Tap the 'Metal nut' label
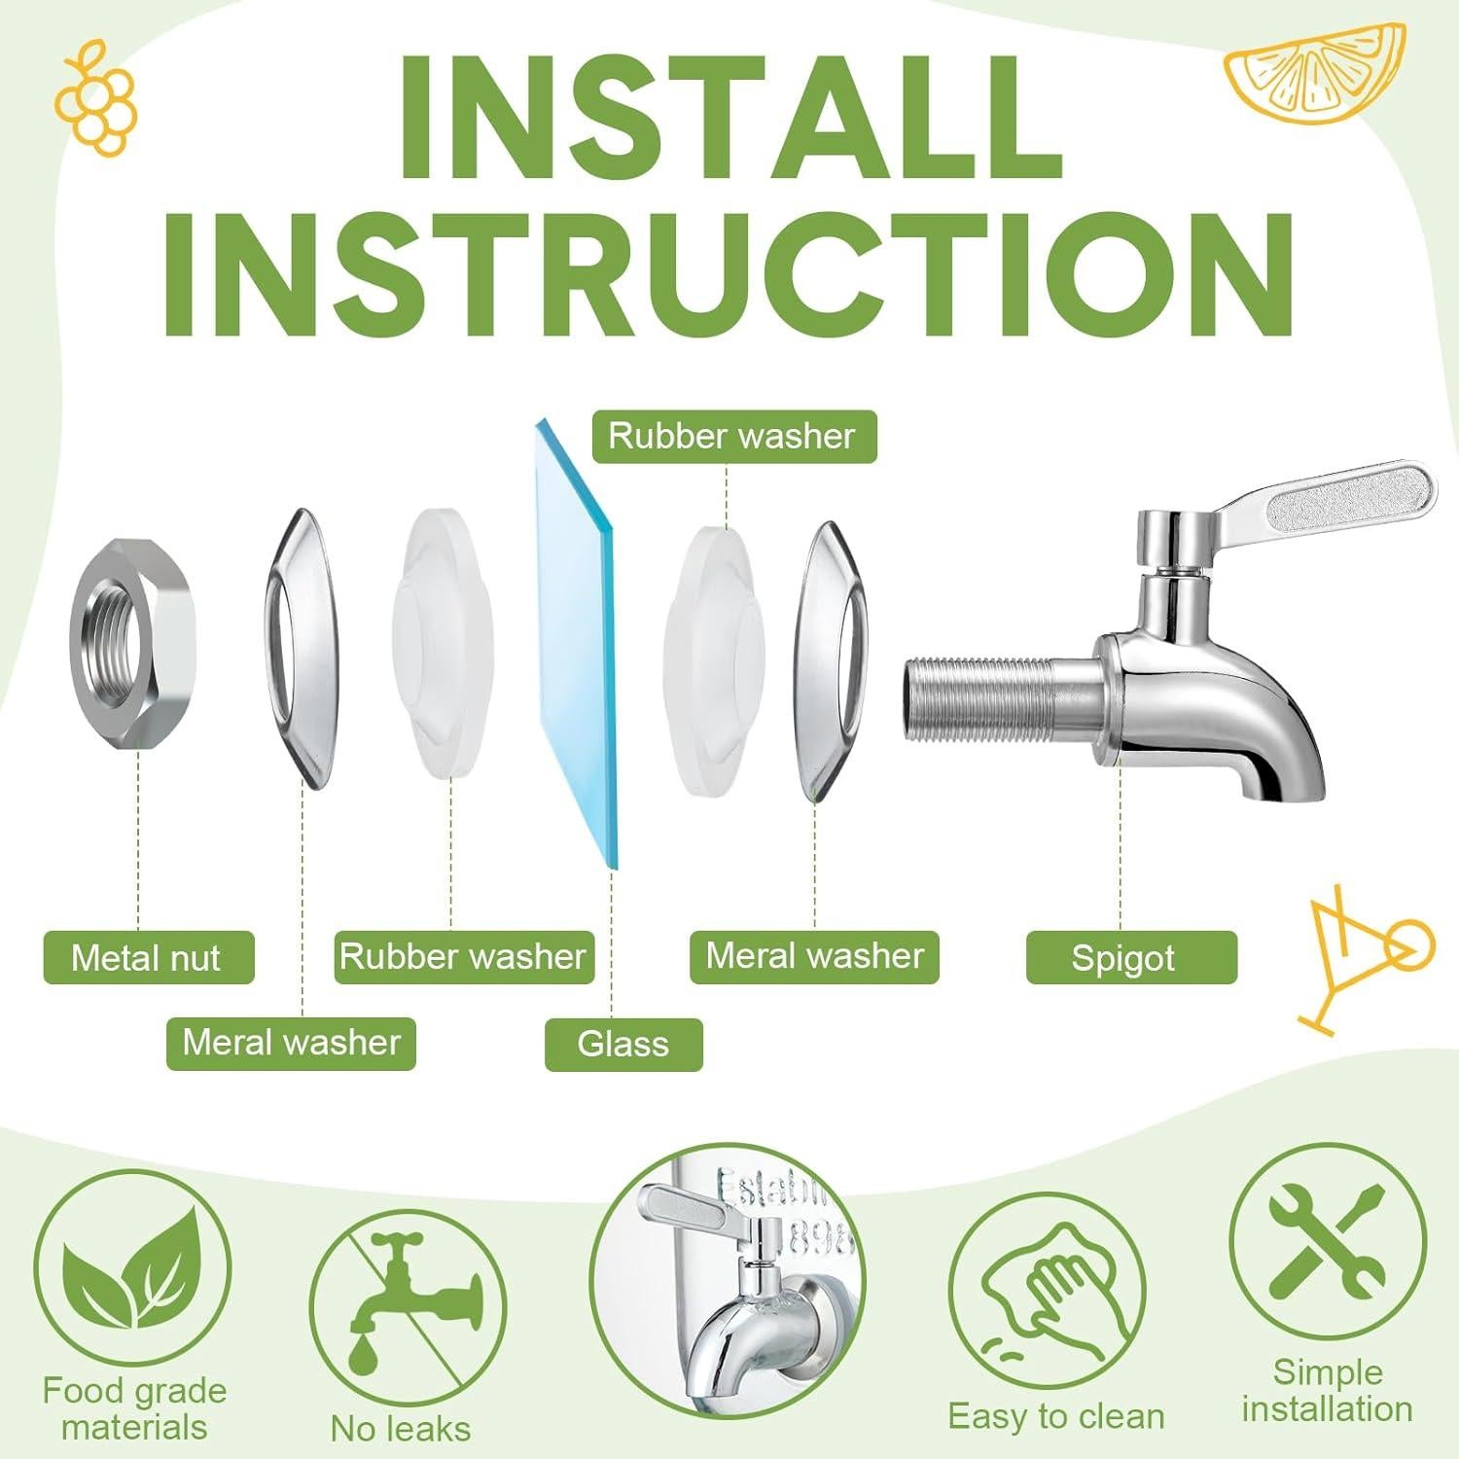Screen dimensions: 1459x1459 tap(148, 958)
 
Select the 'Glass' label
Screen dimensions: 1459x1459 tap(623, 1044)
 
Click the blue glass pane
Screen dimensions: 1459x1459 tap(574, 642)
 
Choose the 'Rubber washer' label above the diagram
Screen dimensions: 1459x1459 tap(733, 436)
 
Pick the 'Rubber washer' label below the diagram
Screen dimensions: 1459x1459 tap(463, 957)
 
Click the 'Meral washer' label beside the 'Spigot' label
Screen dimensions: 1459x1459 tap(814, 957)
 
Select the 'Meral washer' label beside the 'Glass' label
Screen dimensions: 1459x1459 tap(291, 1044)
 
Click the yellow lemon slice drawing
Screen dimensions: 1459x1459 tap(1313, 68)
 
